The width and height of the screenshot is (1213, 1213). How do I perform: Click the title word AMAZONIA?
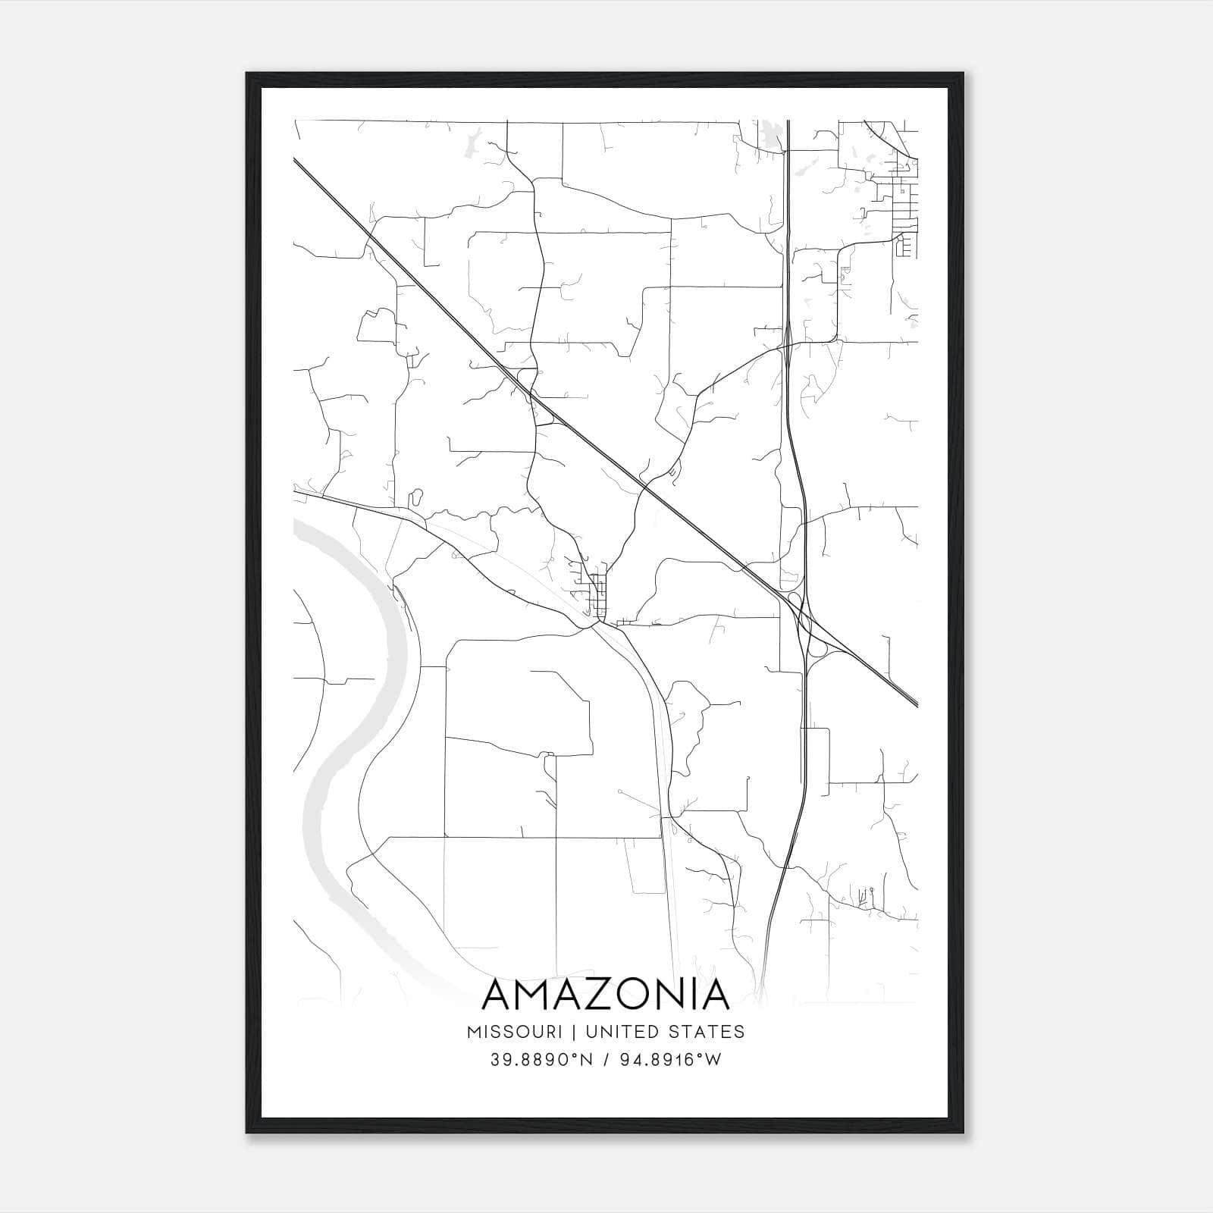pyautogui.click(x=605, y=995)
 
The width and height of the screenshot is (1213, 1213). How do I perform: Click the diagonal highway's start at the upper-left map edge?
pyautogui.click(x=296, y=160)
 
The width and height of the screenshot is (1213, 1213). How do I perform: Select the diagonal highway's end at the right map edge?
pyautogui.click(x=916, y=704)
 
